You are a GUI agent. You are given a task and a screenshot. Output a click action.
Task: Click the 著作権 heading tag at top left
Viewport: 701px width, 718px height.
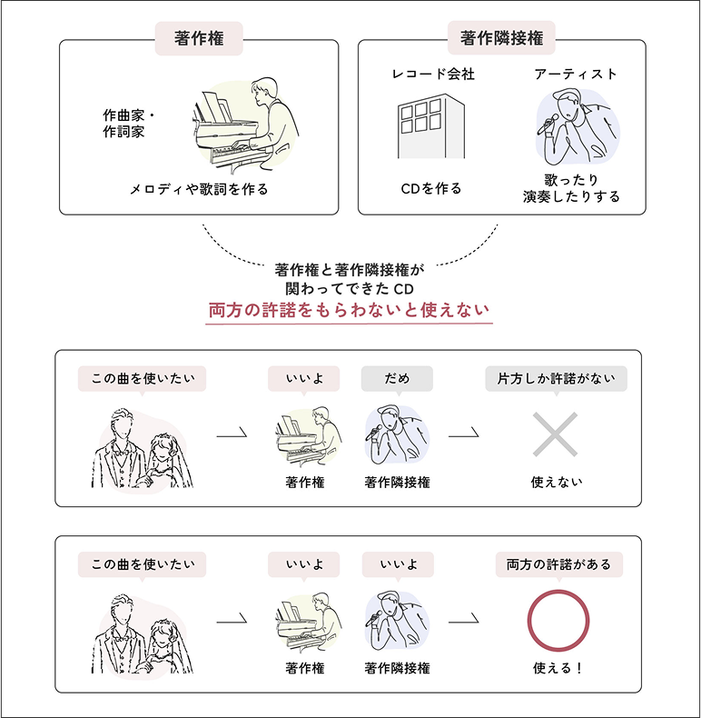[x=199, y=38]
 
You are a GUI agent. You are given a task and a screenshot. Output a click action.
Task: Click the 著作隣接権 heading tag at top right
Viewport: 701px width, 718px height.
[x=501, y=38]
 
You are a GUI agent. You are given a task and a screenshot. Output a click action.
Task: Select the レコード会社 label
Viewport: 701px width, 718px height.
[x=433, y=75]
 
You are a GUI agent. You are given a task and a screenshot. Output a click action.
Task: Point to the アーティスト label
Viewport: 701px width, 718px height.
[x=575, y=75]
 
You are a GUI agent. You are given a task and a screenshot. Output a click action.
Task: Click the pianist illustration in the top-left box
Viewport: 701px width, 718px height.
[x=245, y=123]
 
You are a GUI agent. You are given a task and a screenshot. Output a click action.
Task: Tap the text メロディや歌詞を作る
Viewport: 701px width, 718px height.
[x=199, y=189]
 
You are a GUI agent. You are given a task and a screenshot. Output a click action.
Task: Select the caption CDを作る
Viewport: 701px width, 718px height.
[x=431, y=189]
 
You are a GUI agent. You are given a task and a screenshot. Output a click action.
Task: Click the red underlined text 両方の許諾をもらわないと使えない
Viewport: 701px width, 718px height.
[x=350, y=310]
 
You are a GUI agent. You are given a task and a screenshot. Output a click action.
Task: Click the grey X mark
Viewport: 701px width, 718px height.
[x=557, y=434]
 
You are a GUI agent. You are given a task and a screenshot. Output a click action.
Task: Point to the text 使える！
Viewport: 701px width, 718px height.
[x=558, y=668]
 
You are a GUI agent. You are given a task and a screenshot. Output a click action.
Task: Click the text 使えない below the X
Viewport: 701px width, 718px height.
[x=557, y=482]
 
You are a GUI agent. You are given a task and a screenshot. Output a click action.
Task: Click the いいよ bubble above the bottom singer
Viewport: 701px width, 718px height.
[x=397, y=564]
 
